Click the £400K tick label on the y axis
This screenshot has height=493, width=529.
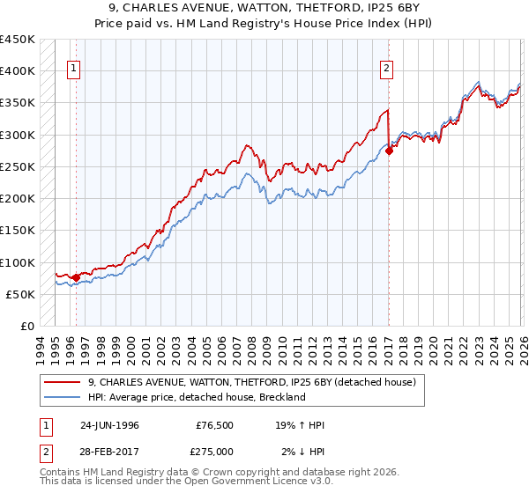pos(18,71)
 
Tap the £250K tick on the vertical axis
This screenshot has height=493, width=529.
pos(18,166)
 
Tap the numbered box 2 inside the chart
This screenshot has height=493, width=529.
pos(387,71)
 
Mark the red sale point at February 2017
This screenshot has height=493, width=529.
pos(389,151)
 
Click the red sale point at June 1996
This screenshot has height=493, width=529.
pos(76,277)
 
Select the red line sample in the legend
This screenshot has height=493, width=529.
pos(63,382)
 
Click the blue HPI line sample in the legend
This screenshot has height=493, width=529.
pos(63,397)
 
